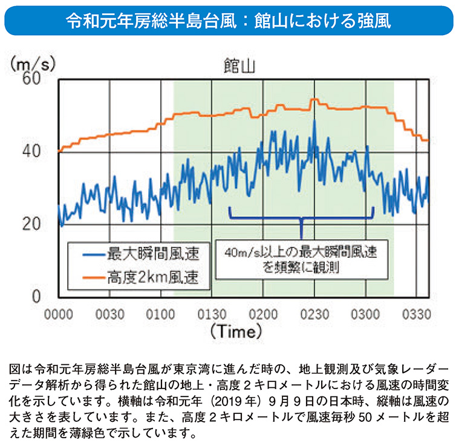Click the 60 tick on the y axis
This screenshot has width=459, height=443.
pyautogui.click(x=31, y=78)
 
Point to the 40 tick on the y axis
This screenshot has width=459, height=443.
pyautogui.click(x=31, y=151)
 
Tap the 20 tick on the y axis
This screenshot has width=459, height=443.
pyautogui.click(x=31, y=224)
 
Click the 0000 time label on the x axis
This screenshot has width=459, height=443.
pyautogui.click(x=59, y=314)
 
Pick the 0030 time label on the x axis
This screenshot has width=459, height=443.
pyautogui.click(x=110, y=314)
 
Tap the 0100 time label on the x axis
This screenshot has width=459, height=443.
pyautogui.click(x=161, y=314)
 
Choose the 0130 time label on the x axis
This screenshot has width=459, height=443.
pyautogui.click(x=212, y=314)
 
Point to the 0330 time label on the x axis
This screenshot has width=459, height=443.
pyautogui.click(x=415, y=314)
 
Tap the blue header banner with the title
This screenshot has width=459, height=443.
pyautogui.click(x=229, y=20)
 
